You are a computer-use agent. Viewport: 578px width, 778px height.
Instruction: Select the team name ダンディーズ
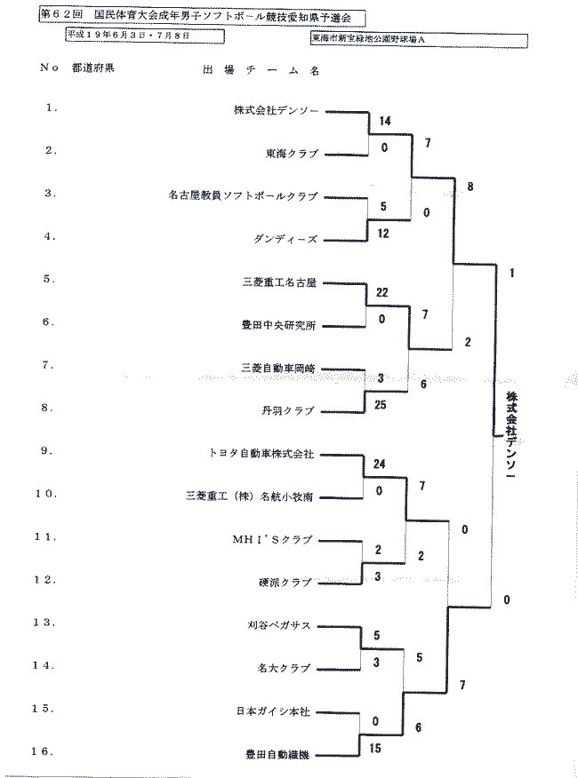285,239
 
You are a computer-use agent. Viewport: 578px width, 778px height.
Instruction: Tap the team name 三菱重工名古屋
279,282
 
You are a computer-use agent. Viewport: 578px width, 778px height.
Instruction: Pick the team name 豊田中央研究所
279,325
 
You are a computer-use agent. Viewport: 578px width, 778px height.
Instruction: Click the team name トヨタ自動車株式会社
261,453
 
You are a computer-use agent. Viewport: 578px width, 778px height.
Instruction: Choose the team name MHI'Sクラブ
271,539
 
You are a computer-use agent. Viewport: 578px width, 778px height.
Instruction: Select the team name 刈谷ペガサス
279,624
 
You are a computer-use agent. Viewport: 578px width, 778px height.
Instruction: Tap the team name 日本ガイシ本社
273,711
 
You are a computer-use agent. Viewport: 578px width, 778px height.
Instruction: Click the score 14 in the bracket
384,121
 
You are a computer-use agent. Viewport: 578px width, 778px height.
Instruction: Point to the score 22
383,292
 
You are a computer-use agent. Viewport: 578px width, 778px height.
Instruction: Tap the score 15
375,749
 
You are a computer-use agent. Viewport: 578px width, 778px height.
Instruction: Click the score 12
384,234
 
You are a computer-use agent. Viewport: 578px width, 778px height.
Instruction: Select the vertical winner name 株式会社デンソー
511,434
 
